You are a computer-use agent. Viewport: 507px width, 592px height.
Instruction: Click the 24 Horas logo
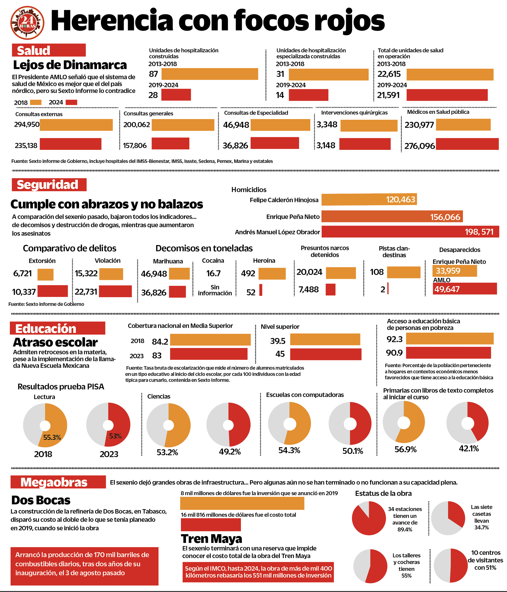tap(27, 23)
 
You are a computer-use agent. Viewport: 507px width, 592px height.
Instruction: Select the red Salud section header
tap(49, 50)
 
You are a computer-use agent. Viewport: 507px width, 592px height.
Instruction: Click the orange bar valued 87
tap(210, 74)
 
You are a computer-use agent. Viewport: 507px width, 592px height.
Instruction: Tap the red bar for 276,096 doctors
tap(467, 144)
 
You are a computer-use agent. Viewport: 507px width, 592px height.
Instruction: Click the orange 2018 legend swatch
tap(36, 102)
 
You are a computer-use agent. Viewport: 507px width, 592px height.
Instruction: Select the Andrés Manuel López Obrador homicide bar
tap(410, 232)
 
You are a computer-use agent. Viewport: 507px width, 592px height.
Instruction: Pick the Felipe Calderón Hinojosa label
tap(284, 200)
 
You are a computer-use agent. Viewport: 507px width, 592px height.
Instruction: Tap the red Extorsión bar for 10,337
tap(53, 291)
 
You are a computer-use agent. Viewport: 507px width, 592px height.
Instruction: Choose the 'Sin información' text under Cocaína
tap(215, 290)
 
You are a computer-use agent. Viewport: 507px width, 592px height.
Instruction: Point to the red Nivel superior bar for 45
tap(326, 354)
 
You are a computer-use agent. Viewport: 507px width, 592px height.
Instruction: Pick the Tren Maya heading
tap(212, 539)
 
